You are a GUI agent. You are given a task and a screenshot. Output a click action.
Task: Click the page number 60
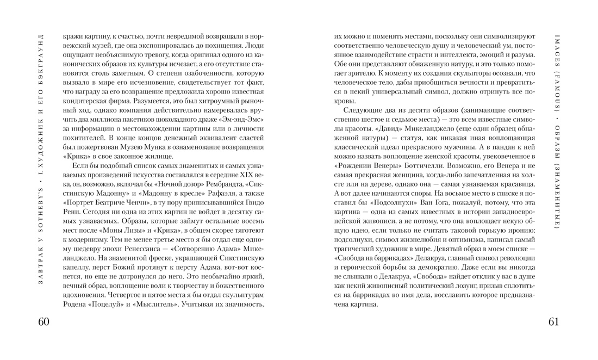(x=43, y=321)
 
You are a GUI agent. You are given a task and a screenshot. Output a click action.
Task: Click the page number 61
(x=553, y=321)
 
